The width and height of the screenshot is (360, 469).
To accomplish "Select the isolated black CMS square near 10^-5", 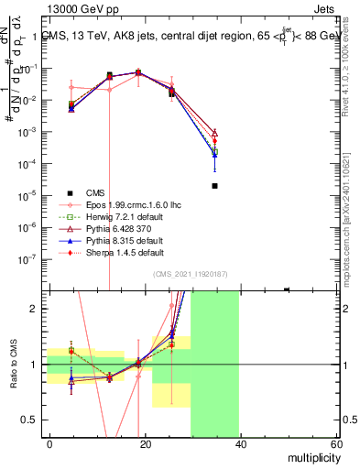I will click(214, 186).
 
